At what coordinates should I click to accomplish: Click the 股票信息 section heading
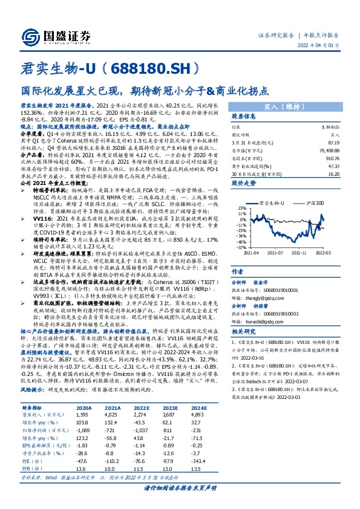(244, 116)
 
